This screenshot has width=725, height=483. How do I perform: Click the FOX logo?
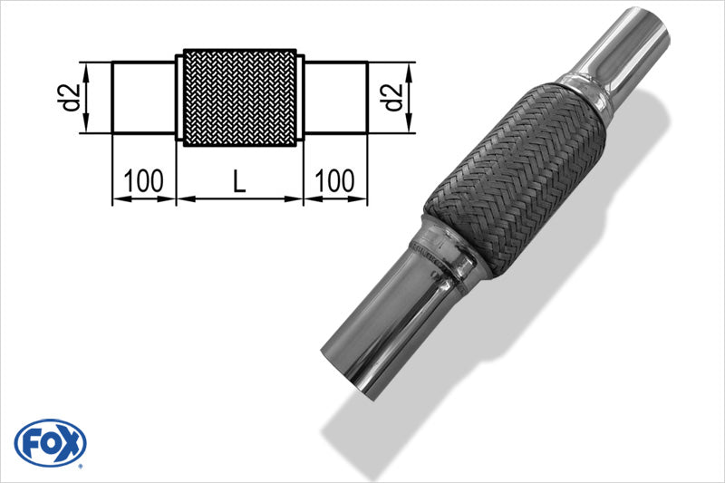[51, 443]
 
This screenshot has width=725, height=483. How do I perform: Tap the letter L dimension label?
[239, 181]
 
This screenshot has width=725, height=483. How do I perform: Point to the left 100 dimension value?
[144, 181]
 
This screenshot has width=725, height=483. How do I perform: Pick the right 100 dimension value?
[335, 181]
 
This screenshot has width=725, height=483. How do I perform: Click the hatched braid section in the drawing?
[240, 97]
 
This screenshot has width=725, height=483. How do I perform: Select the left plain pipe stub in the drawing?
[143, 97]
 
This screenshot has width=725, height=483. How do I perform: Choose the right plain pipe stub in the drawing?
[334, 97]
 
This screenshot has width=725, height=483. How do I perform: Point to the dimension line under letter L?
[239, 198]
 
